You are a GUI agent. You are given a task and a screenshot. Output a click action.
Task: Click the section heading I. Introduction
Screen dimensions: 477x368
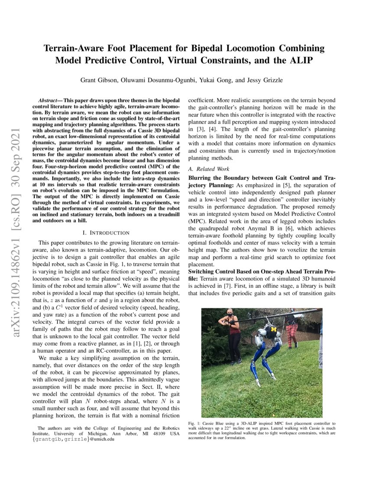pyautogui.click(x=109, y=233)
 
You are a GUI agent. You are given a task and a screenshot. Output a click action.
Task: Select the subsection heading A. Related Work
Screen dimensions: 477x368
pyautogui.click(x=209, y=169)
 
